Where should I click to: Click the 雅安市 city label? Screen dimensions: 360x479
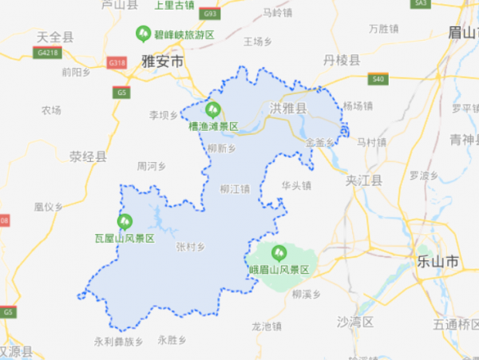(162, 61)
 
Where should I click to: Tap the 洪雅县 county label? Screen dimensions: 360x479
(288, 108)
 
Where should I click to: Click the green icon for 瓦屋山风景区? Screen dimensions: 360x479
(125, 221)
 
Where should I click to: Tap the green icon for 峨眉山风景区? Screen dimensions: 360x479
(279, 254)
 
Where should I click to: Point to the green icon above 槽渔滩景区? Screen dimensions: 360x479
(212, 109)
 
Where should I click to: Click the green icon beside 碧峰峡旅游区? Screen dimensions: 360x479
(142, 34)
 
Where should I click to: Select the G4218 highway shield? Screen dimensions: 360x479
(47, 53)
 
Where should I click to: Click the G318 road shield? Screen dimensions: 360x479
(117, 61)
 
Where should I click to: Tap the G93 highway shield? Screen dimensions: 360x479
(210, 14)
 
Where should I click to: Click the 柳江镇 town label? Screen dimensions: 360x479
(235, 189)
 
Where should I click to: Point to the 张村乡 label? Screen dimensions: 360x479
(190, 247)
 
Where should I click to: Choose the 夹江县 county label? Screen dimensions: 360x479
(364, 180)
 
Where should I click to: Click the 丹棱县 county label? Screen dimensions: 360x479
(341, 60)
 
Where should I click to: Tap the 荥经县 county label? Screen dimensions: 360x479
(88, 156)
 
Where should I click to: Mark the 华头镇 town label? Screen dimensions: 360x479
(295, 185)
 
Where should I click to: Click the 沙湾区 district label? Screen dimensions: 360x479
(354, 322)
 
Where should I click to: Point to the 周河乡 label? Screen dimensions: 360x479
(151, 167)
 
